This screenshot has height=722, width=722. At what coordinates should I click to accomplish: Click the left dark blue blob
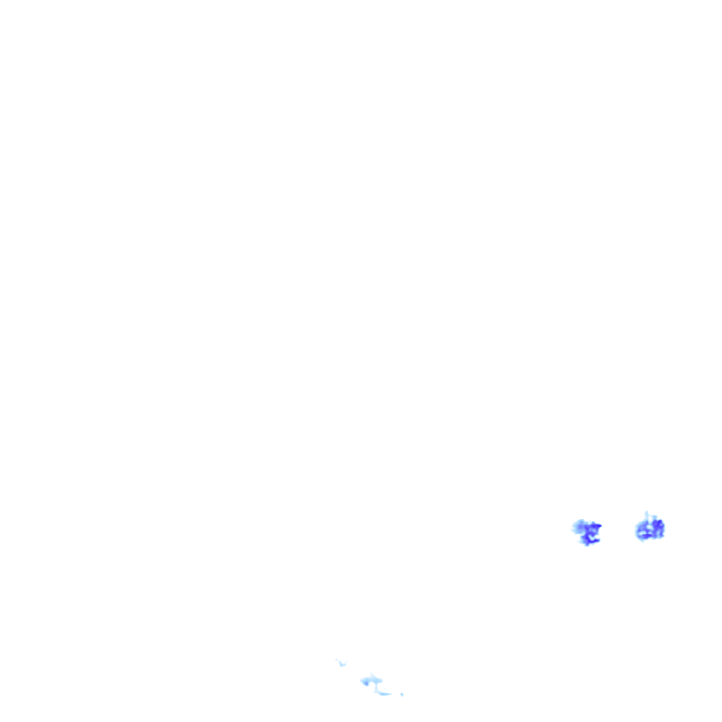pyautogui.click(x=587, y=532)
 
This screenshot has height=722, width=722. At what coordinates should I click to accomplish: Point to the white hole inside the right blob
pyautogui.click(x=649, y=527)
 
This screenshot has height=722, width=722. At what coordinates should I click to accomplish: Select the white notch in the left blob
pyautogui.click(x=593, y=537)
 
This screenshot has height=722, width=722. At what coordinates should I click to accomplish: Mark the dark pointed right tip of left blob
pyautogui.click(x=601, y=525)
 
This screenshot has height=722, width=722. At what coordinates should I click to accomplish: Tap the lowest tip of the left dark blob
pyautogui.click(x=587, y=545)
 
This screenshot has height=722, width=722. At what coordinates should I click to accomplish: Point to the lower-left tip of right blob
pyautogui.click(x=643, y=541)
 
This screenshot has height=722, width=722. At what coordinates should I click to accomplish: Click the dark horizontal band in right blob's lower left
pyautogui.click(x=645, y=535)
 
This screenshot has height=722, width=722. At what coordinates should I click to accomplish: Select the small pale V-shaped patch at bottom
pyautogui.click(x=343, y=664)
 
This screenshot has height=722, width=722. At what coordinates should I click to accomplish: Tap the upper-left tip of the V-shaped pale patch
pyautogui.click(x=336, y=659)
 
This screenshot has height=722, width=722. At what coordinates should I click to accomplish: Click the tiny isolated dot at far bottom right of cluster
pyautogui.click(x=402, y=695)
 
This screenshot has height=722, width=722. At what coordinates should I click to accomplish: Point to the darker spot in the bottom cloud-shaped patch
pyautogui.click(x=366, y=683)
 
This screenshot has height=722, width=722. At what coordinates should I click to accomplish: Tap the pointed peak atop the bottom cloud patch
pyautogui.click(x=371, y=673)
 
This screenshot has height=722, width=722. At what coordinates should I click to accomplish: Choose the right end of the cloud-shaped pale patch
pyautogui.click(x=382, y=680)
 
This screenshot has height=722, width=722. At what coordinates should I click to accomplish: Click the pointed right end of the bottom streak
pyautogui.click(x=391, y=694)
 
